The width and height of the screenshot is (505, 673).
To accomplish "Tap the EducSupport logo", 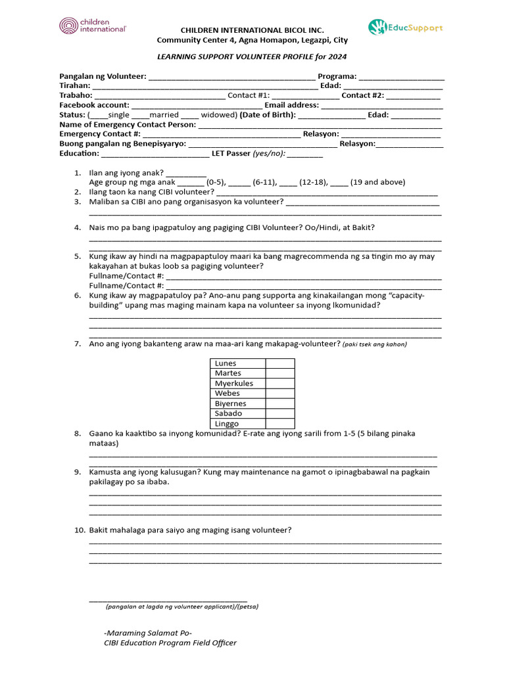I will [x=405, y=28].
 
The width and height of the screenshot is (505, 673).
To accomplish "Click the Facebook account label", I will [x=94, y=105].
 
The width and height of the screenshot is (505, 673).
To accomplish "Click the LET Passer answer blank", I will [x=304, y=154].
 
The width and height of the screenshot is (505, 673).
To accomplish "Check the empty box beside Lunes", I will [x=280, y=363].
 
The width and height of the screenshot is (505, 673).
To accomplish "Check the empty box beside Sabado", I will [x=280, y=413].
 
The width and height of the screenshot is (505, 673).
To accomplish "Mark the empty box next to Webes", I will [x=280, y=394].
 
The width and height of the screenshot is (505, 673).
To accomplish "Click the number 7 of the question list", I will [x=77, y=344].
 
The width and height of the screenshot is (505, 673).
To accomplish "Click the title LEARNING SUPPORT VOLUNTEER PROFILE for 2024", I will [x=252, y=57].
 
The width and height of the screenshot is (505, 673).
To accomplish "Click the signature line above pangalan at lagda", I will [x=168, y=599].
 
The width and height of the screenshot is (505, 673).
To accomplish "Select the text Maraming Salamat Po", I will [x=148, y=632].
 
